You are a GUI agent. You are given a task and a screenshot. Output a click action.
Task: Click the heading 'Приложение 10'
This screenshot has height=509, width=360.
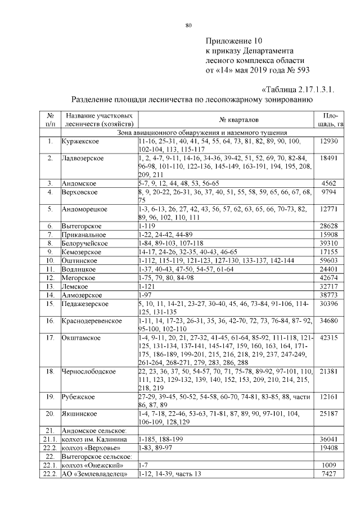233,41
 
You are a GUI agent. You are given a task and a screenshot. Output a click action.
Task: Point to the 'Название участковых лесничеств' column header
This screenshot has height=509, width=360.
99,120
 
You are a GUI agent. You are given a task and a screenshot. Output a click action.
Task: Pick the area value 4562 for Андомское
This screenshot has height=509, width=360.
328,183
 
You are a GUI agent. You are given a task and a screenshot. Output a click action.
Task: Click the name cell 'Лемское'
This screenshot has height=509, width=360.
75,286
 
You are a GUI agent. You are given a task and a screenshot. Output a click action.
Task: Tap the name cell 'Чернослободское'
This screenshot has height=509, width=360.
89,372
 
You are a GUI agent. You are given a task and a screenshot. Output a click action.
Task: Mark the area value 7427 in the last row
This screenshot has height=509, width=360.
328,474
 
